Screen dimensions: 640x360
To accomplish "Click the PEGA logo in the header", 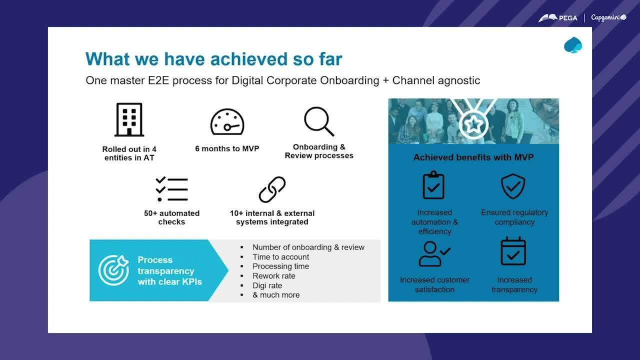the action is [557, 18].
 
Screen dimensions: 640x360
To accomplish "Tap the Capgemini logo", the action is [608, 17].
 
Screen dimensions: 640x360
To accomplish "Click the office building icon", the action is [129, 119].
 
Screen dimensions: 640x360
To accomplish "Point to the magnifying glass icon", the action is [319, 121].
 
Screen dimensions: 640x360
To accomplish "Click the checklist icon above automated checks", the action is [171, 189].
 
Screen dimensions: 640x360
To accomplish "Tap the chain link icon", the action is [272, 189].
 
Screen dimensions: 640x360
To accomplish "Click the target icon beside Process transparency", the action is [113, 270].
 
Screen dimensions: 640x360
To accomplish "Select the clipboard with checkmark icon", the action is [433, 185].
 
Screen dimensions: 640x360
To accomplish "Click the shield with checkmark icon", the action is [513, 186].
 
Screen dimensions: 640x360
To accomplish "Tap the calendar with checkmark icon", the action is [513, 251].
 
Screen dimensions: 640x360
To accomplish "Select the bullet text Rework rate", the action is [273, 276].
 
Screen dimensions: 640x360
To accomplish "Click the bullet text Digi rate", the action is [267, 285].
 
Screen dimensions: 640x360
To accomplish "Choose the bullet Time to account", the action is [280, 257].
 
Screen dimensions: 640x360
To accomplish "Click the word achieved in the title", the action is [248, 59].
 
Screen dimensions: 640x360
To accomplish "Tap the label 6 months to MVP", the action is [227, 148].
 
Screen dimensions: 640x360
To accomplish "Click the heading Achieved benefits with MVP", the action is [473, 157].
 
